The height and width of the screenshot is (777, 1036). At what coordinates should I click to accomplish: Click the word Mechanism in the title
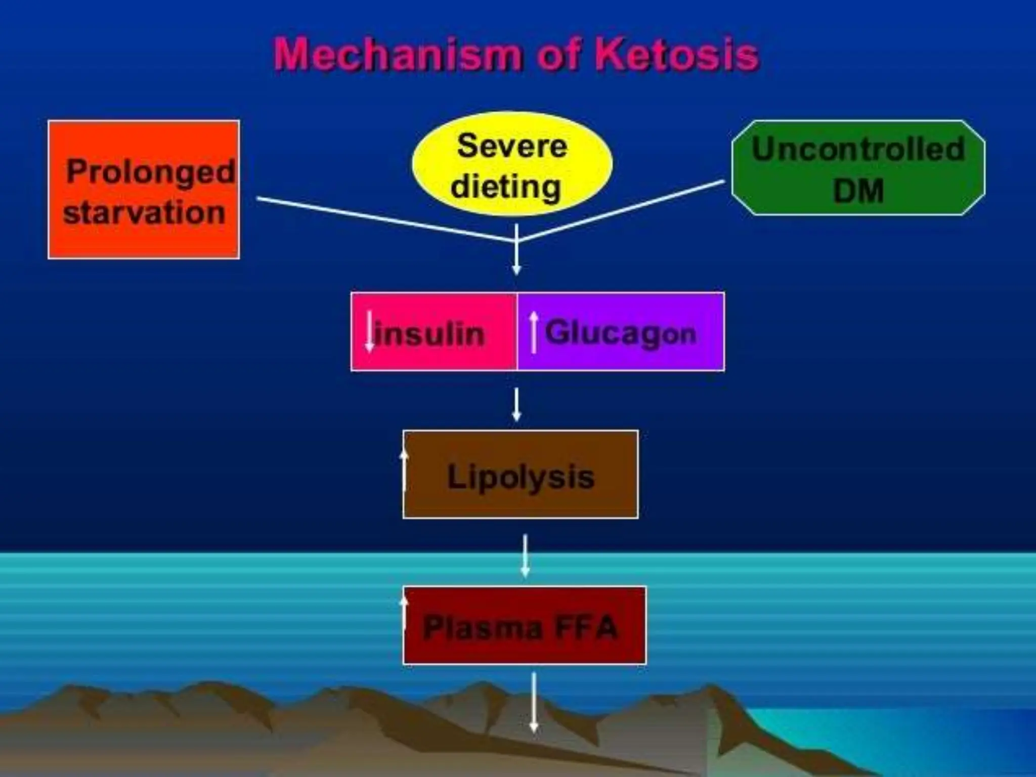[x=397, y=55]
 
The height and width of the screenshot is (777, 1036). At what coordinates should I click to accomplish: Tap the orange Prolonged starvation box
[x=144, y=190]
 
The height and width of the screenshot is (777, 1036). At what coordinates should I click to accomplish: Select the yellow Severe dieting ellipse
[x=512, y=164]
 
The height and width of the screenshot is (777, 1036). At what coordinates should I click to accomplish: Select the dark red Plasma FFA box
[x=525, y=626]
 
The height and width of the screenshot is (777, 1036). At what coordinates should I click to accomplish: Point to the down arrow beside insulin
[x=370, y=331]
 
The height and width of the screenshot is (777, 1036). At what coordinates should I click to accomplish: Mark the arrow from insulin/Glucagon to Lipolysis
[x=516, y=405]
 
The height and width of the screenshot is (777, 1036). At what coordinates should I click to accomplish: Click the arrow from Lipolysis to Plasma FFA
[x=525, y=555]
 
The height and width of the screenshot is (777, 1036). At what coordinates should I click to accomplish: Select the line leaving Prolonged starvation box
[x=384, y=219]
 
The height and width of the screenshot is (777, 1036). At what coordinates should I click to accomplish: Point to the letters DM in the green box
[x=858, y=191]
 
